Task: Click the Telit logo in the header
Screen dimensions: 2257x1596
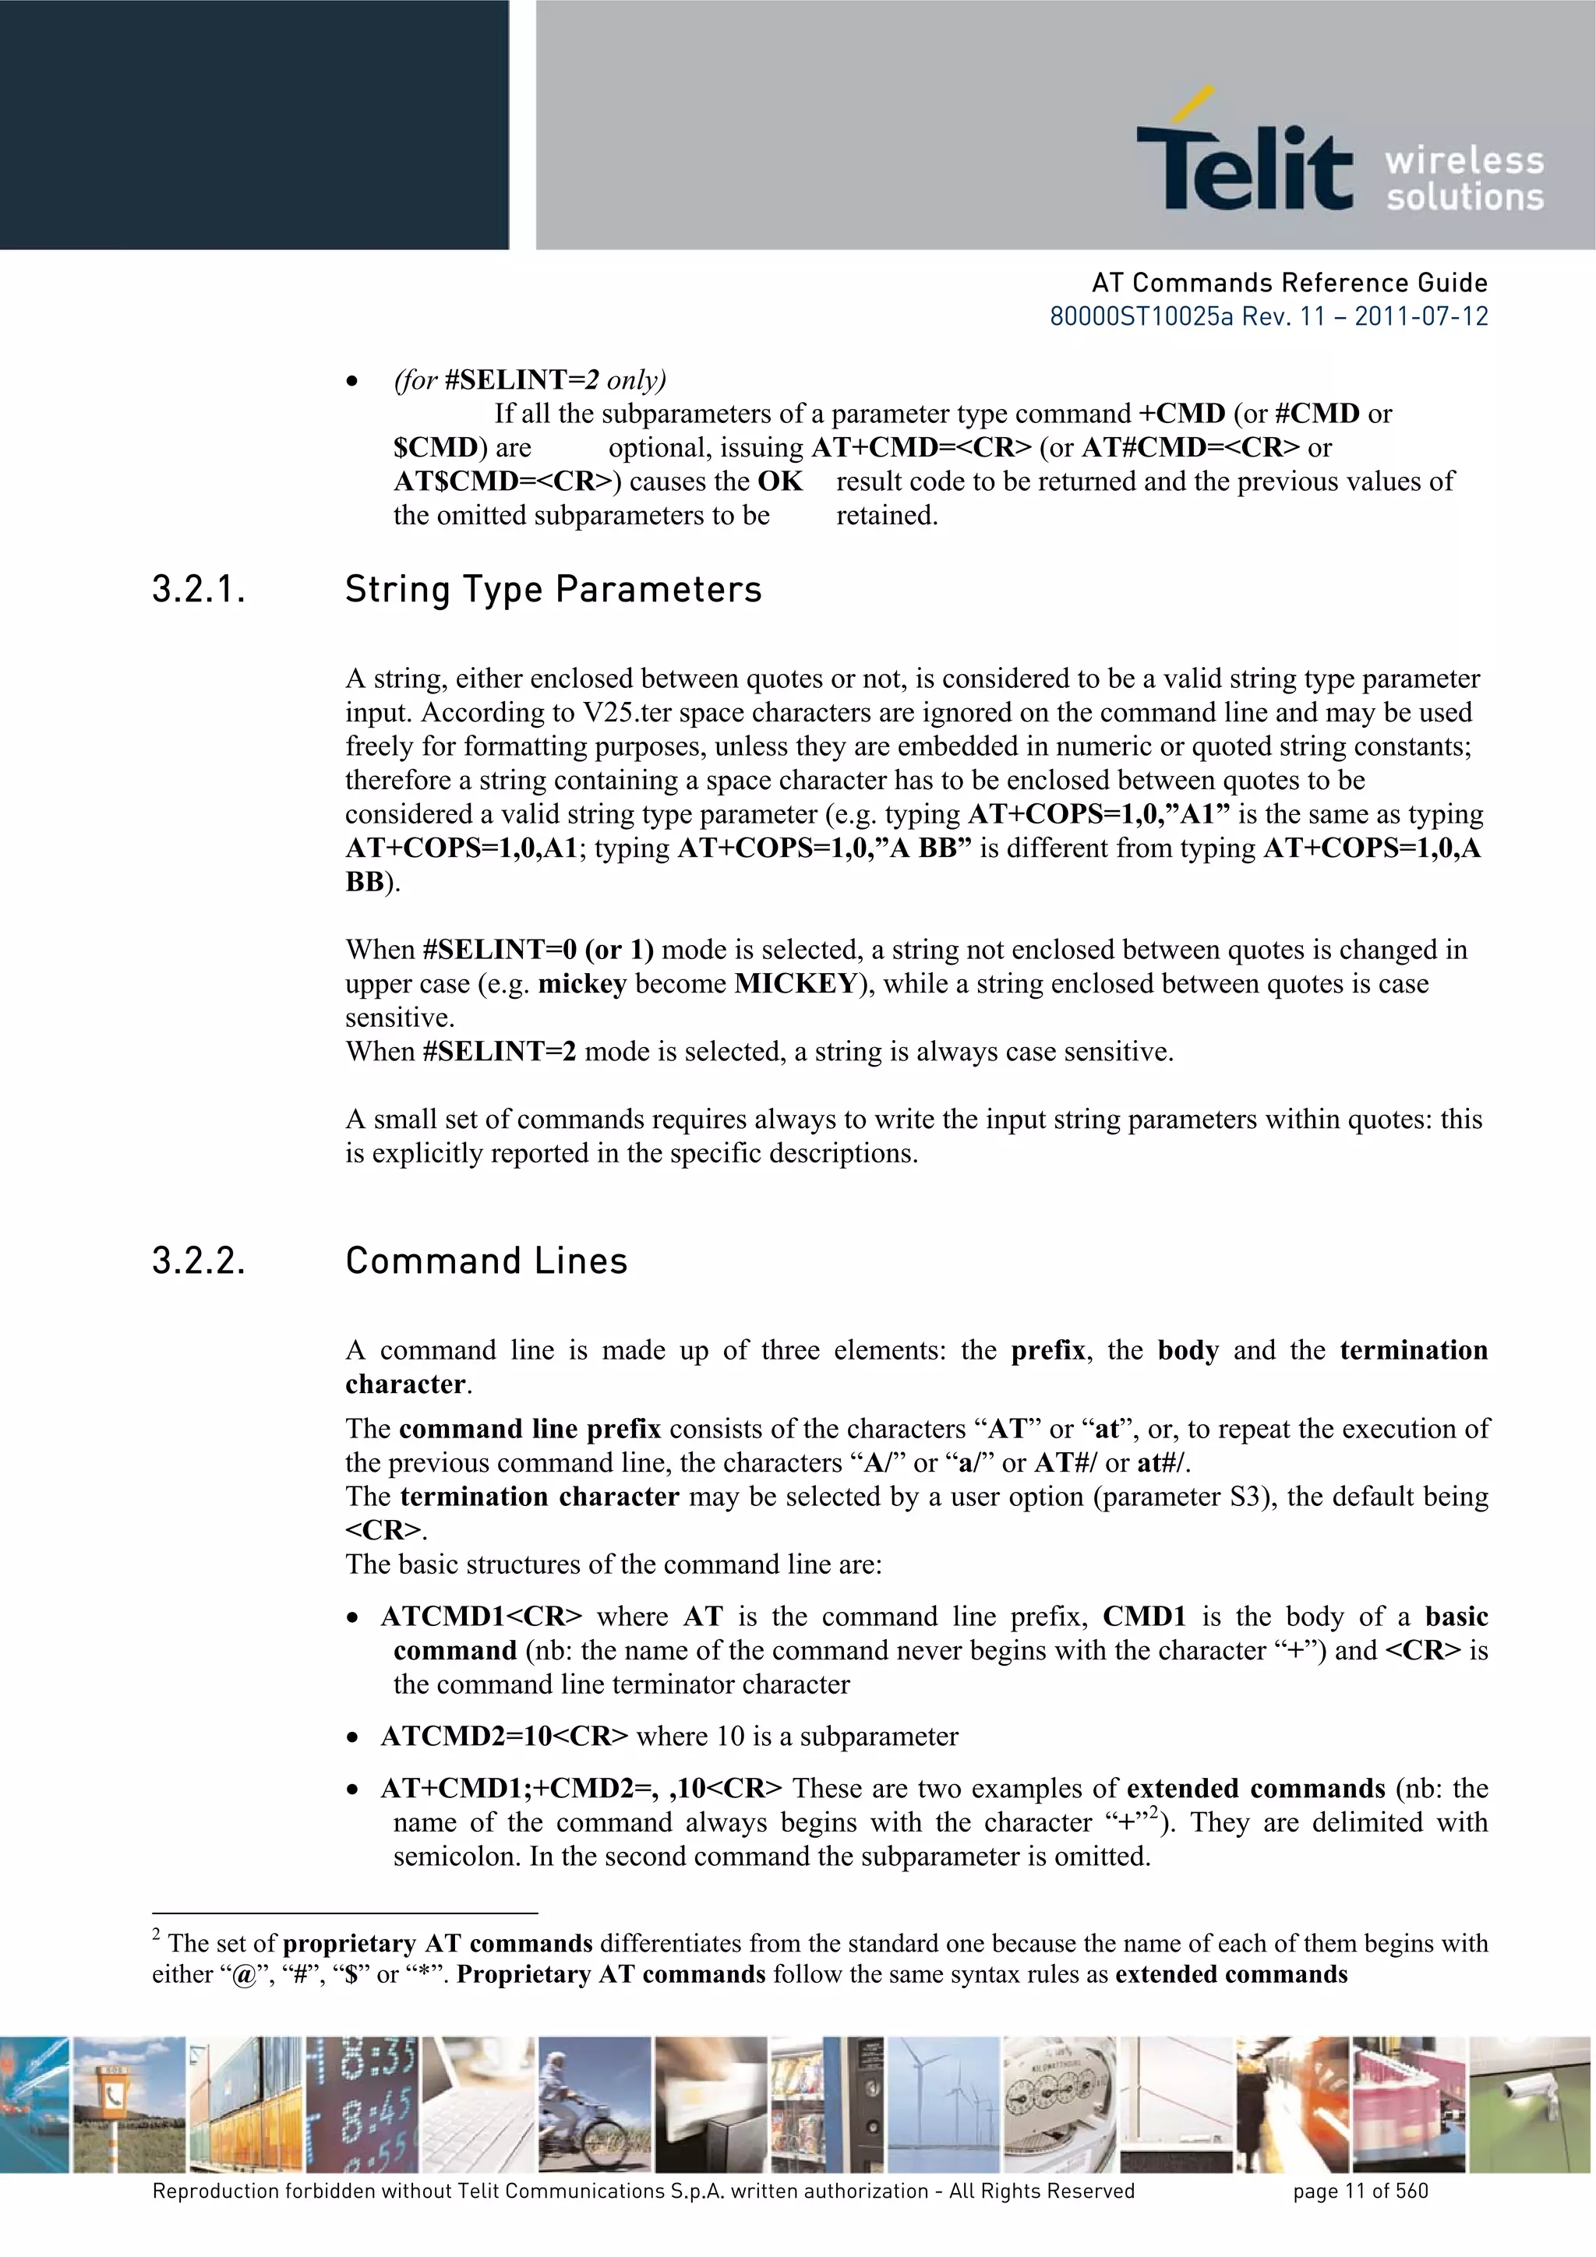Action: tap(1244, 157)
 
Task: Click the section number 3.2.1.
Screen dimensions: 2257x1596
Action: tap(198, 590)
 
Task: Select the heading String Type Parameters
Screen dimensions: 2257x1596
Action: tap(553, 590)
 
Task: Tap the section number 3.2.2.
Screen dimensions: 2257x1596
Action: tap(198, 1261)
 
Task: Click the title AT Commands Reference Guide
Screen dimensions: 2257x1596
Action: tap(1289, 283)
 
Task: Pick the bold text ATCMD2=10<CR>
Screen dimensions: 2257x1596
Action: tap(503, 1737)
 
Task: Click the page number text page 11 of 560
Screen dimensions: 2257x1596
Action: tap(1360, 2191)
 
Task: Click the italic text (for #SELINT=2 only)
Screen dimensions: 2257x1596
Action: tap(530, 380)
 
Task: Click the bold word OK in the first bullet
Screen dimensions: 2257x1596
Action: tap(780, 481)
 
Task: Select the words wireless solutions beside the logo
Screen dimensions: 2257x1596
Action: tap(1464, 179)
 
